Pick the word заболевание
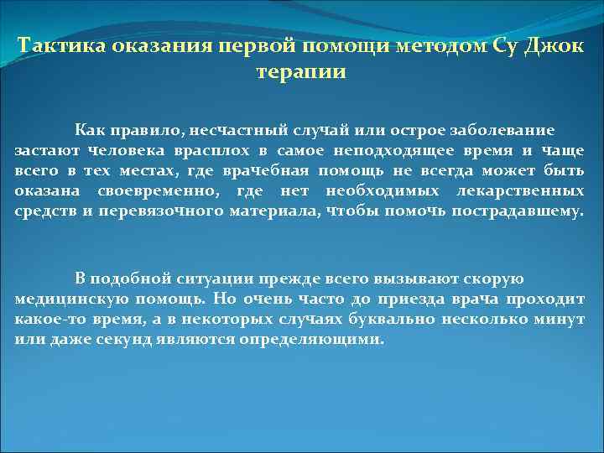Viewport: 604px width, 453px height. [x=501, y=131]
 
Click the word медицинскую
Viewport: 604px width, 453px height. [x=68, y=299]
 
